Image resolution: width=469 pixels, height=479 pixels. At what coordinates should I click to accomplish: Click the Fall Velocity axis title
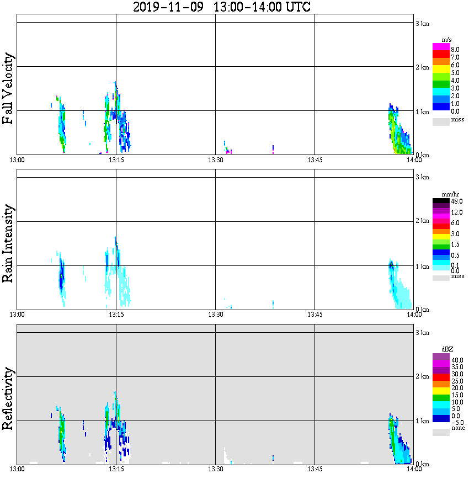(x=8, y=89)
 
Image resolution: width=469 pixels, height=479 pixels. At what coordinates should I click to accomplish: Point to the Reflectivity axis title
(x=8, y=398)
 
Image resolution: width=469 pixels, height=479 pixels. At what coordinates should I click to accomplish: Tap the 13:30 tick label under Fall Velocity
(x=215, y=160)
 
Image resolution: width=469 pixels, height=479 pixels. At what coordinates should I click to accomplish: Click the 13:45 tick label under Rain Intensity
(x=315, y=315)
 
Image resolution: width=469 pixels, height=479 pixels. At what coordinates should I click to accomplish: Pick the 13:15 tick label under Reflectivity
(x=116, y=469)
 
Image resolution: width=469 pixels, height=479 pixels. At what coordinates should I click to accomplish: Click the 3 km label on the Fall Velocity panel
(x=422, y=23)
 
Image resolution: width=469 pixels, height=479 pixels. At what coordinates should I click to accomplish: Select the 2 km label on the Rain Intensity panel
(x=422, y=221)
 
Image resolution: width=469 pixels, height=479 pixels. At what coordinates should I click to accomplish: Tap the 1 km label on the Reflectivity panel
(x=422, y=421)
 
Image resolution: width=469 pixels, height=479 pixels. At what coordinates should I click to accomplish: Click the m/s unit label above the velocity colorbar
(x=447, y=40)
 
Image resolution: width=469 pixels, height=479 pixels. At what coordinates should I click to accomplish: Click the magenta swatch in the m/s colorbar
(x=441, y=47)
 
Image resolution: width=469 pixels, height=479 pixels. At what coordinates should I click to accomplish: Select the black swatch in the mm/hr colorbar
(x=441, y=201)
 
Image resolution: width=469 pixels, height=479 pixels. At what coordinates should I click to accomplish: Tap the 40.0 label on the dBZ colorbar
(x=457, y=360)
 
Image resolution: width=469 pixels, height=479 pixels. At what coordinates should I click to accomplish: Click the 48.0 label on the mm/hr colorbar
(x=457, y=201)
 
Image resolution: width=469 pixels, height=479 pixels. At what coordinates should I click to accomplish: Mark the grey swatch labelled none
(x=441, y=433)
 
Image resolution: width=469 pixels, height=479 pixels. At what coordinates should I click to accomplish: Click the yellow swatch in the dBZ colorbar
(x=441, y=391)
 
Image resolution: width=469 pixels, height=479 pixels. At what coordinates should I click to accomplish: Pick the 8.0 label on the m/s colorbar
(x=455, y=50)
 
